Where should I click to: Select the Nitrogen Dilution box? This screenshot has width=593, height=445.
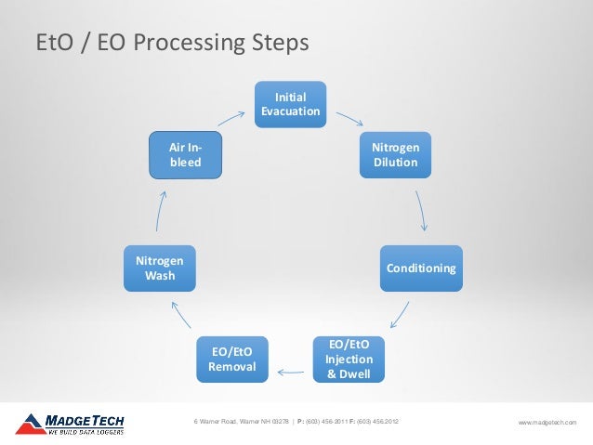[x=395, y=155]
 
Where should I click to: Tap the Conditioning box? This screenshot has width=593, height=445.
[x=421, y=268]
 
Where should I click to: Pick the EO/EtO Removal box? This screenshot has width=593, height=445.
[x=232, y=360]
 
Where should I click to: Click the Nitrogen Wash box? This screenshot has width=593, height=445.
[x=159, y=268]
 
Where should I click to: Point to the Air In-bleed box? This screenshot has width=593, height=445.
[x=187, y=155]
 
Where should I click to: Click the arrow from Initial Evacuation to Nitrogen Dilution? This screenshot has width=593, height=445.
[x=349, y=119]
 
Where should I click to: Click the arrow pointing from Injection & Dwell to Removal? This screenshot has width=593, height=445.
[x=290, y=373]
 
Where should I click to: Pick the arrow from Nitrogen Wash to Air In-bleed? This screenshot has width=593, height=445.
[x=161, y=211]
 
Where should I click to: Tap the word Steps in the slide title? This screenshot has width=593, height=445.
[x=275, y=44]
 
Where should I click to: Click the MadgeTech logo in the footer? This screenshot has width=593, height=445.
[x=70, y=424]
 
